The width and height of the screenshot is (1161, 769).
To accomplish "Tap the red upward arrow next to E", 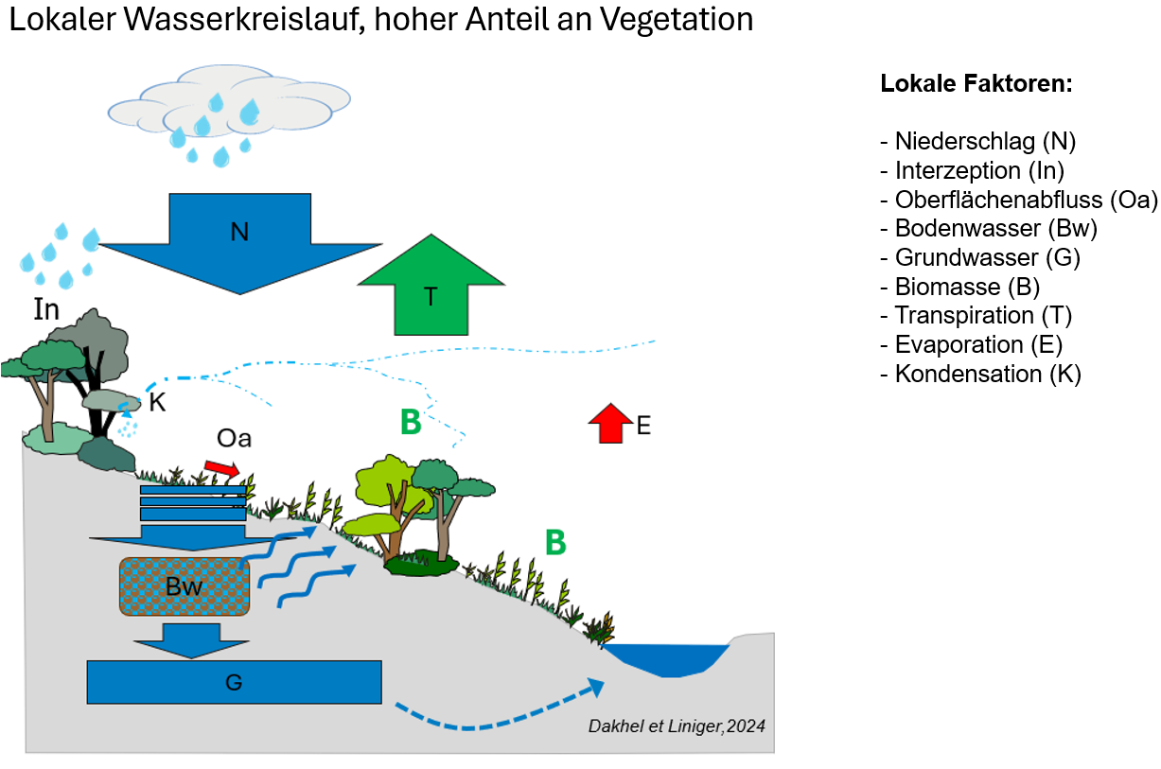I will click(x=610, y=424).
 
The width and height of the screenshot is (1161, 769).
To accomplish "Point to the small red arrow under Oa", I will click(x=222, y=468).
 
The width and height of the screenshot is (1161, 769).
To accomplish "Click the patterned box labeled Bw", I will click(x=185, y=586).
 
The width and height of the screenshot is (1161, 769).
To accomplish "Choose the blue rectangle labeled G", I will click(x=234, y=681).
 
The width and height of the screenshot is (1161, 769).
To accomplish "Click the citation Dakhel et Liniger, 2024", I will click(x=677, y=726).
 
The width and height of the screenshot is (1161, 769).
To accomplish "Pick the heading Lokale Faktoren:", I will click(x=976, y=83).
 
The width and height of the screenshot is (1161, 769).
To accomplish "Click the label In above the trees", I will click(x=46, y=310).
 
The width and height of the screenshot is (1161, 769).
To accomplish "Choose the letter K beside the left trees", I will click(x=158, y=402).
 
